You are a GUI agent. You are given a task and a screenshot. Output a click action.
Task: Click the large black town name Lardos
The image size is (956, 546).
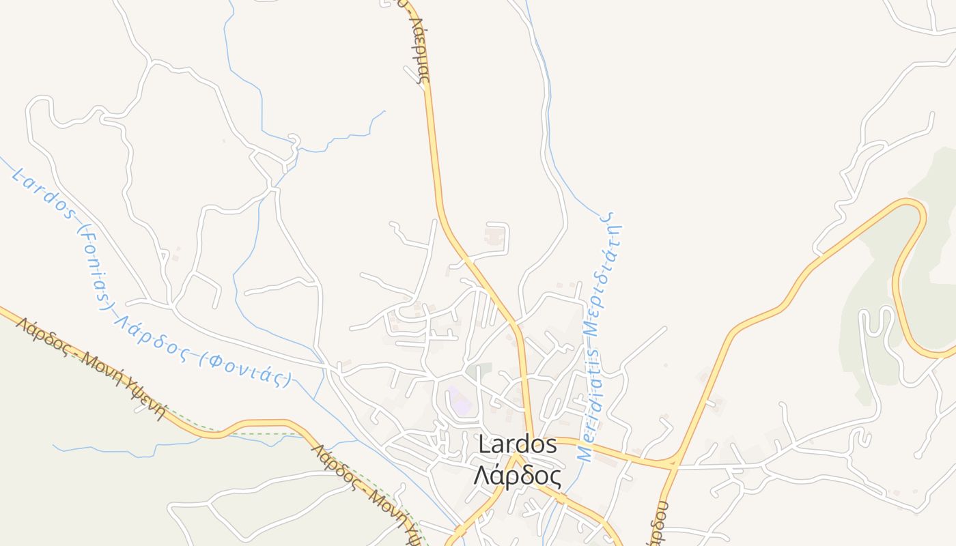[518, 444]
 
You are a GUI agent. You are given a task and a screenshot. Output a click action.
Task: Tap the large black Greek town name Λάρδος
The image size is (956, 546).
[518, 475]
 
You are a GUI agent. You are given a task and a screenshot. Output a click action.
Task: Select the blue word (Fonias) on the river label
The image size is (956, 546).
[95, 268]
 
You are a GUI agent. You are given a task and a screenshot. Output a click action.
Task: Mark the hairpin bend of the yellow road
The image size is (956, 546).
[915, 212]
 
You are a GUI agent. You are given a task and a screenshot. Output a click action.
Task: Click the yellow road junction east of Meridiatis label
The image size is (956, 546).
[673, 465]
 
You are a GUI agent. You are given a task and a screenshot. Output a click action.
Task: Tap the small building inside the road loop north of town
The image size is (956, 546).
[494, 237]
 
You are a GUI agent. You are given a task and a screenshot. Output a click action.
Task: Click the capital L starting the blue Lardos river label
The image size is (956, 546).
[19, 175]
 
